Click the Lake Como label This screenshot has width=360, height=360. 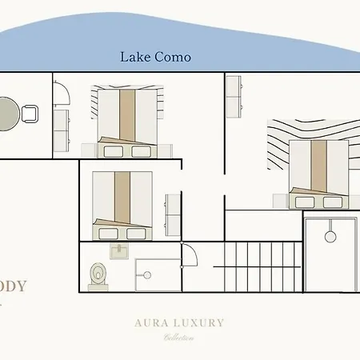click(x=155, y=57)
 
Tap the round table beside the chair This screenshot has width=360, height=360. click(x=6, y=114)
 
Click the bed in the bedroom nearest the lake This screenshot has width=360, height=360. click(x=126, y=122)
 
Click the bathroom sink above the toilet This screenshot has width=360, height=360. click(x=118, y=251)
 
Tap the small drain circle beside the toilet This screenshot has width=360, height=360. click(x=146, y=274)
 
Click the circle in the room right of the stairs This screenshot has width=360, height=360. click(x=330, y=236)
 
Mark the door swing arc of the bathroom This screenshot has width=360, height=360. click(x=190, y=256)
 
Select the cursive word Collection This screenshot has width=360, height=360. click(x=179, y=337)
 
